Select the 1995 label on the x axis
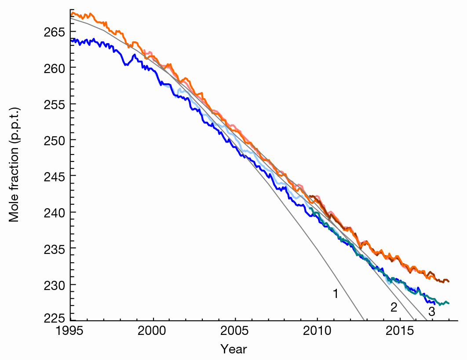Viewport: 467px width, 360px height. [x=71, y=331]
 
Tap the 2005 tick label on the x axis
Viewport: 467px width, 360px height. [x=235, y=331]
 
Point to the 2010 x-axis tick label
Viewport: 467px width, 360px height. [x=317, y=331]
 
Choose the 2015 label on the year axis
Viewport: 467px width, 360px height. [x=399, y=331]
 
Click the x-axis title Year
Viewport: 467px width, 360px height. [x=233, y=349]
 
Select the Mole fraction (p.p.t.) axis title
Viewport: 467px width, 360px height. [x=15, y=164]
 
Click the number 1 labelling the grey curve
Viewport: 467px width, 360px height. [x=335, y=294]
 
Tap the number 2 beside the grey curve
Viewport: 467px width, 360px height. [x=394, y=308]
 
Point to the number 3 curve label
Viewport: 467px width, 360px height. [x=431, y=312]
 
